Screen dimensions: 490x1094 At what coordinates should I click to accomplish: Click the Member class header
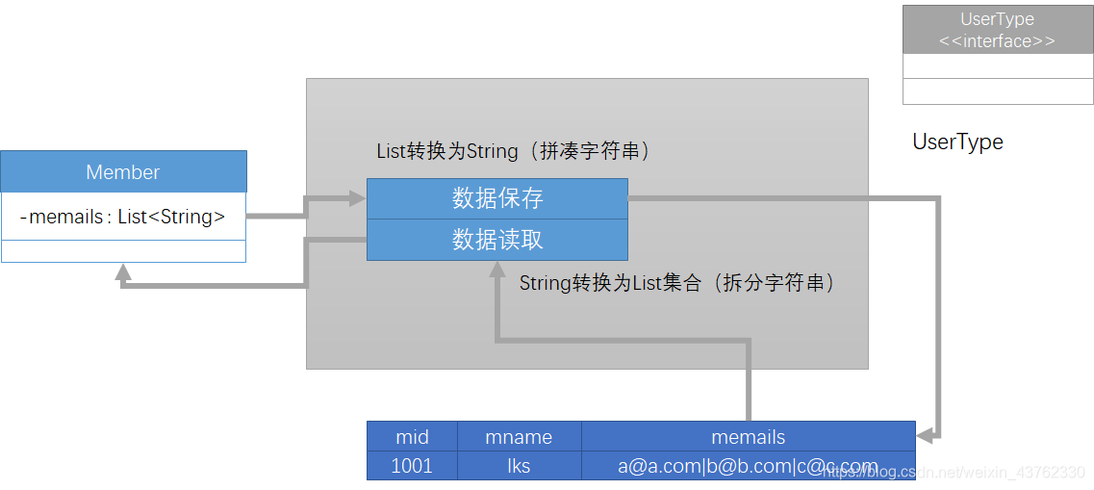point(123,172)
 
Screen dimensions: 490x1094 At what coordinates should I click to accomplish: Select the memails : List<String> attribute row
point(123,217)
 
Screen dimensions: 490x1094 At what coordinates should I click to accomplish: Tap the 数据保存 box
point(497,198)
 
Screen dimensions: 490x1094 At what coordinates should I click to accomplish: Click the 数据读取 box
point(497,240)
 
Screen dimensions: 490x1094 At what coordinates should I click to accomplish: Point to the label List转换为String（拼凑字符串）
point(515,151)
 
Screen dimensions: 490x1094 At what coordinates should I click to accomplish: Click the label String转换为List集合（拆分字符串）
point(677,283)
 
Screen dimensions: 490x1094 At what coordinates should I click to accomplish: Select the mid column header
point(412,436)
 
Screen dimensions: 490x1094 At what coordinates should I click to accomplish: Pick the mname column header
point(519,436)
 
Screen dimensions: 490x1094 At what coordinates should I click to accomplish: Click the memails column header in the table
point(748,436)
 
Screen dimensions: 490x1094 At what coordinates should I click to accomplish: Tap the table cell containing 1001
point(412,466)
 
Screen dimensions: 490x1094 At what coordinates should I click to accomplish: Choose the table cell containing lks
point(519,466)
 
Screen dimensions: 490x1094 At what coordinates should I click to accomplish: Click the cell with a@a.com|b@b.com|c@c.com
point(748,466)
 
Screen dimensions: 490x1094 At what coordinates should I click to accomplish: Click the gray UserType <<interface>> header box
point(997,30)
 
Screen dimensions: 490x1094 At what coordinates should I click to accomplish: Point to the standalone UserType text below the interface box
point(957,142)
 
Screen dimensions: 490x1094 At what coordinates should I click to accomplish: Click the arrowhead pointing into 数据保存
point(358,198)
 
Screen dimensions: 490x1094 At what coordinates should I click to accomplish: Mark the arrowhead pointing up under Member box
point(122,272)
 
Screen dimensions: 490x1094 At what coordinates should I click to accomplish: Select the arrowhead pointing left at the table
point(925,436)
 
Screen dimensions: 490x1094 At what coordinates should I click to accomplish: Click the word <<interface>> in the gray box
point(997,41)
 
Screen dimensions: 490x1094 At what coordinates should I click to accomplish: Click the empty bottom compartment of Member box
point(123,250)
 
